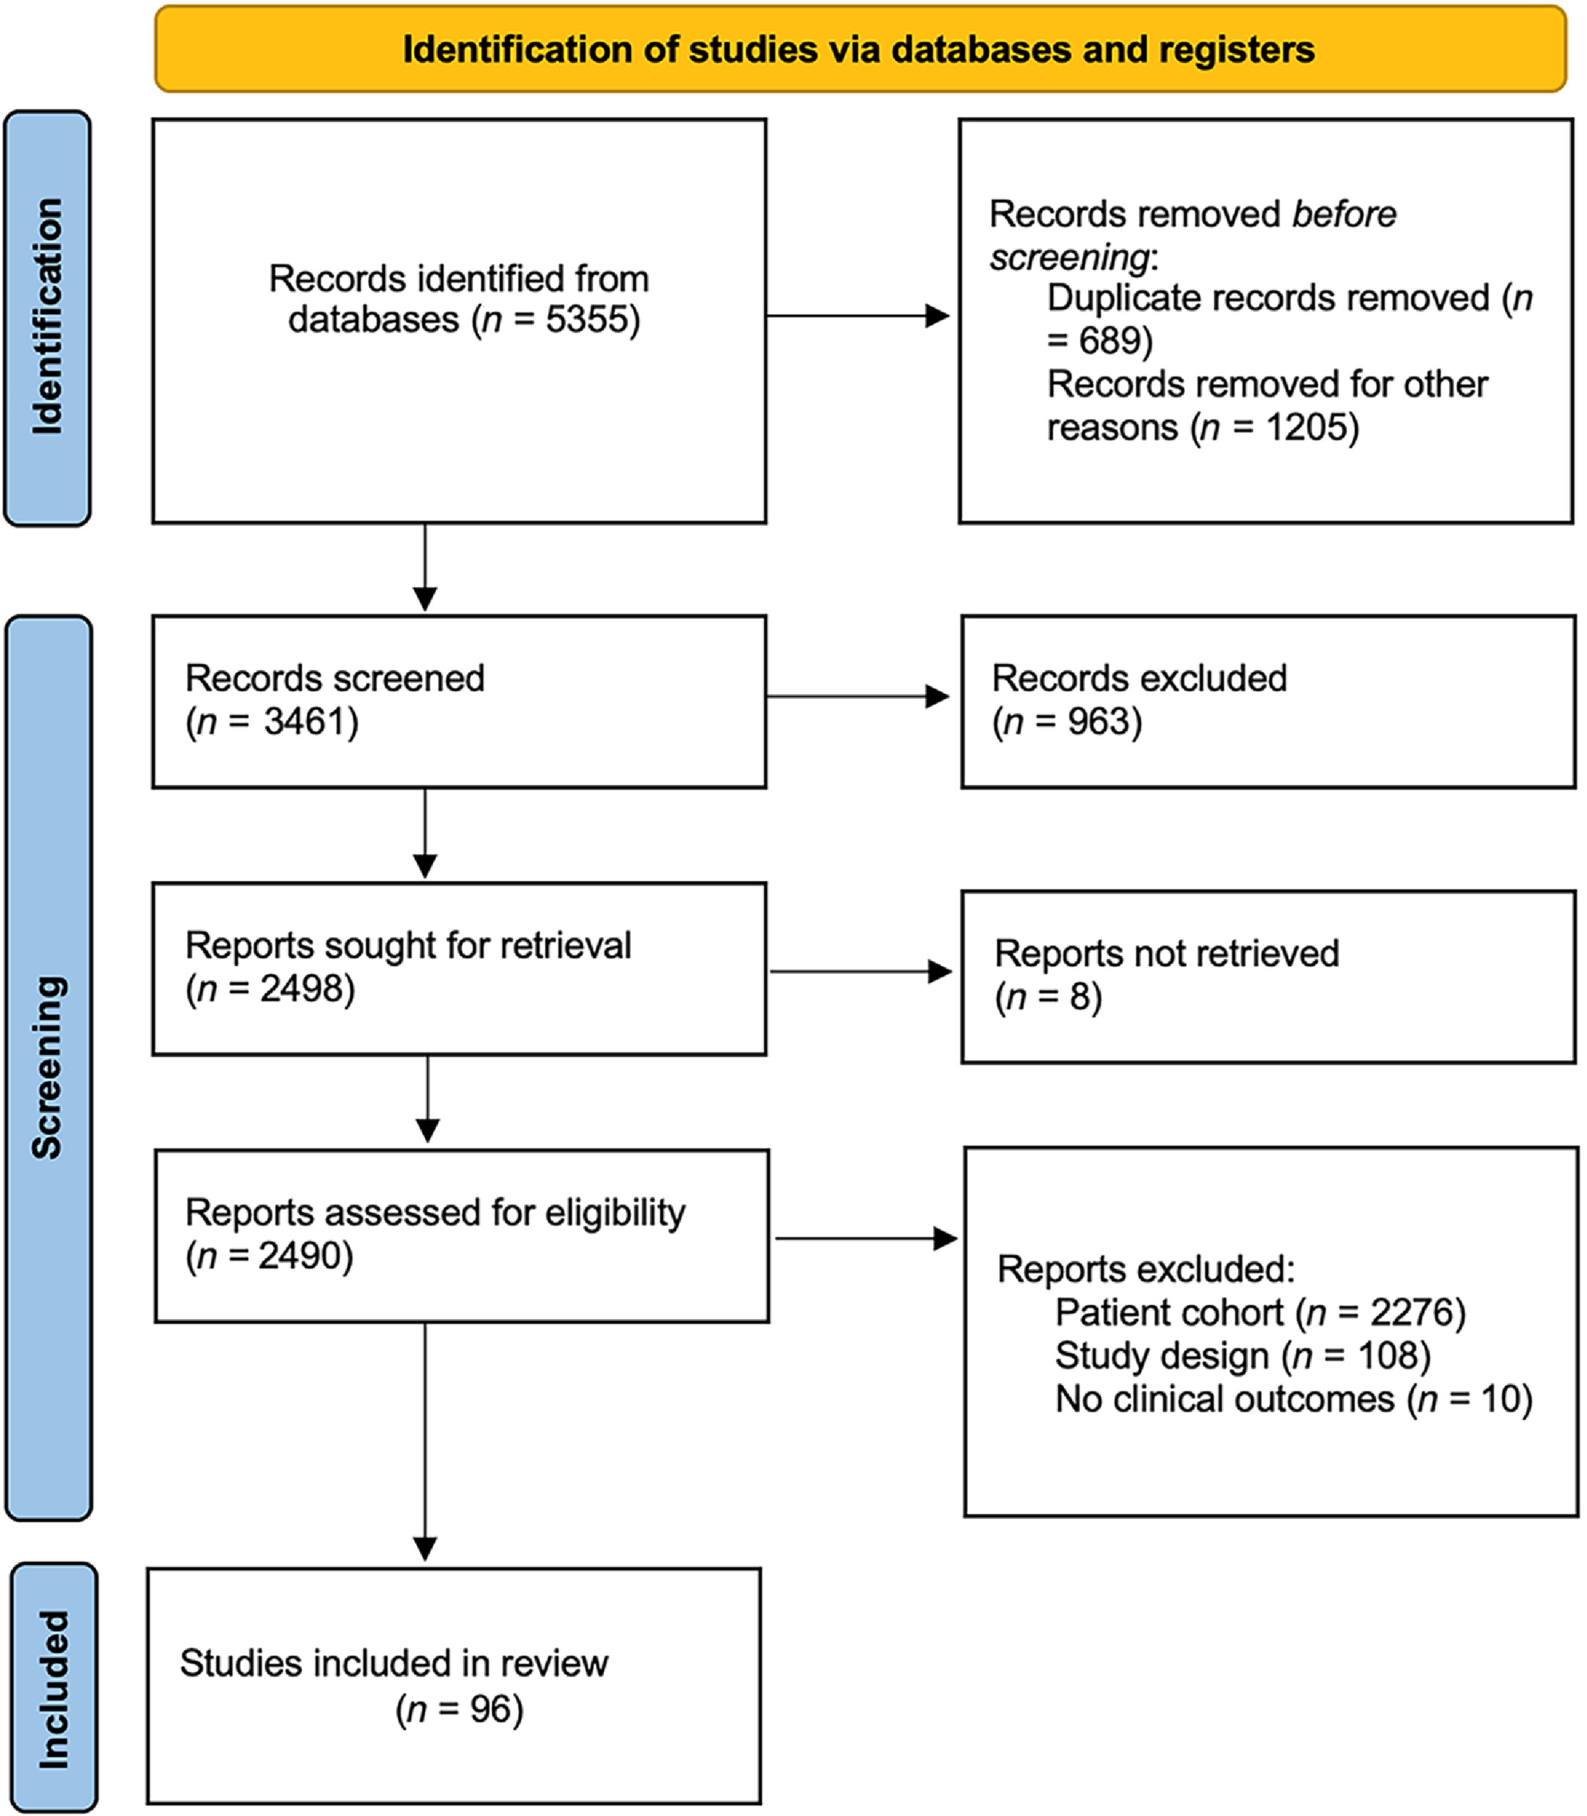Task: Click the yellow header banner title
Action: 858,49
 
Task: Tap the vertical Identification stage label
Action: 48,316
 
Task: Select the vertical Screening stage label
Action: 48,1067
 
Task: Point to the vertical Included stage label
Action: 53,1688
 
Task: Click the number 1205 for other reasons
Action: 1304,427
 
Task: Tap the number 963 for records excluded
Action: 1098,722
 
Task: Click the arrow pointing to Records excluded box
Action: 858,697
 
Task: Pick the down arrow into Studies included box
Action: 425,1442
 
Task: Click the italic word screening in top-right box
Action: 1069,257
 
